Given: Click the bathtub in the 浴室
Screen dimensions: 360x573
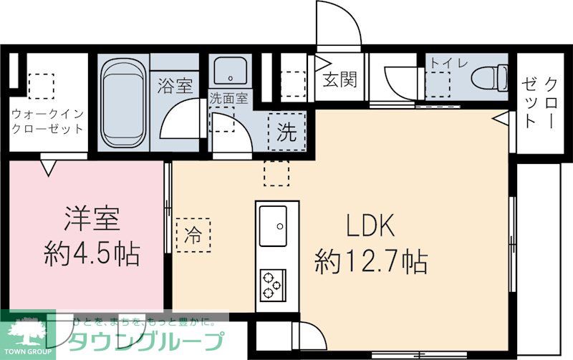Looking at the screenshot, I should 123,102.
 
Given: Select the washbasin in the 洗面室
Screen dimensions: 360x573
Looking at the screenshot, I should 230,72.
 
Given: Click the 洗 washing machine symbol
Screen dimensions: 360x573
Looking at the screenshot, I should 286,131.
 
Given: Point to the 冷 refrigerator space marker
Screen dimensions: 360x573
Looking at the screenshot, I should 193,233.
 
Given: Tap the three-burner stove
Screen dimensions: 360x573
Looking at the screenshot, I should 272,283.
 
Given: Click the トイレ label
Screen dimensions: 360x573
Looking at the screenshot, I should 448,63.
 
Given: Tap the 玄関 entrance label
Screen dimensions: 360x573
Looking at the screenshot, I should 339,79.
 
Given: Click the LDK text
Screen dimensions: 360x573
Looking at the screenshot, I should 371,228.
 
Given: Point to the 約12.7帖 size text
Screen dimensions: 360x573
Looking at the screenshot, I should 371,262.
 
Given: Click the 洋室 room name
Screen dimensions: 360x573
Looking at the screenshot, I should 91,218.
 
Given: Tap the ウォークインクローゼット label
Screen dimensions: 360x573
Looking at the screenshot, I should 47,121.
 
